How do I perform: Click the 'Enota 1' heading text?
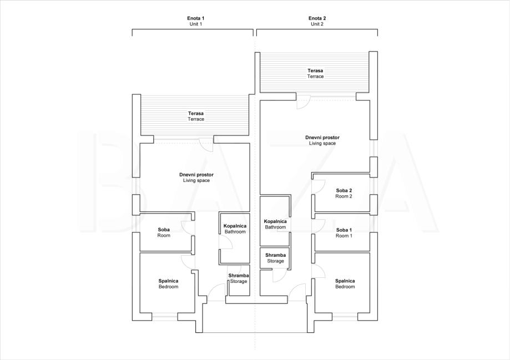pyautogui.click(x=196, y=18)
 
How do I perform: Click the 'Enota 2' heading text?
pyautogui.click(x=317, y=18)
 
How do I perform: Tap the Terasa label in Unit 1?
pyautogui.click(x=196, y=114)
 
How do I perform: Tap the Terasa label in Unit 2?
pyautogui.click(x=316, y=70)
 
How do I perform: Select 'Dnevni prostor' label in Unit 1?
pyautogui.click(x=196, y=175)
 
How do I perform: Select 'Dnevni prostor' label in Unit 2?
pyautogui.click(x=322, y=138)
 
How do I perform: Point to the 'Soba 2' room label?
pyautogui.click(x=344, y=191)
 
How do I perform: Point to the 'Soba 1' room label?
pyautogui.click(x=344, y=230)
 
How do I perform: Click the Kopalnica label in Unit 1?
pyautogui.click(x=235, y=226)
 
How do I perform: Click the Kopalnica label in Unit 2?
pyautogui.click(x=275, y=221)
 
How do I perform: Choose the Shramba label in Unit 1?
pyautogui.click(x=239, y=276)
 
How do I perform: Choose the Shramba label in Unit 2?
pyautogui.click(x=275, y=255)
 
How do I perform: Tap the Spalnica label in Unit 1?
pyautogui.click(x=169, y=281)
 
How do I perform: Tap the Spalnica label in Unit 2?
pyautogui.click(x=345, y=281)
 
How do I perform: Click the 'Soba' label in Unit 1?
pyautogui.click(x=164, y=230)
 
